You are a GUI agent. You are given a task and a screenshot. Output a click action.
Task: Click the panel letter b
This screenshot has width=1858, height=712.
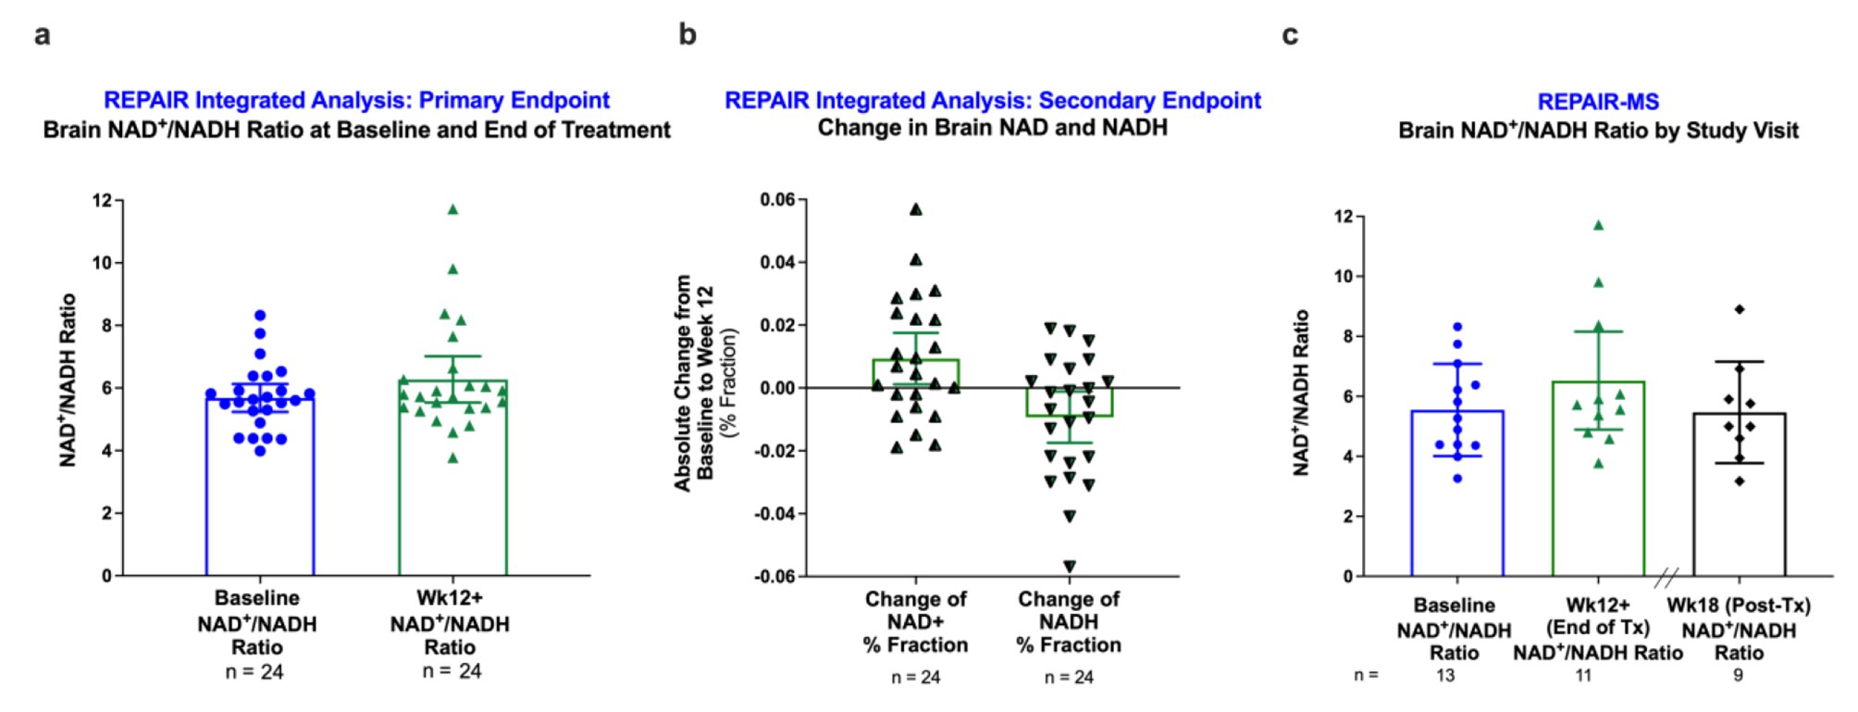(x=687, y=34)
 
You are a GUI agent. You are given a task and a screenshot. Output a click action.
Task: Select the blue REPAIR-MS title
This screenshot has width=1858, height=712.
(x=1598, y=102)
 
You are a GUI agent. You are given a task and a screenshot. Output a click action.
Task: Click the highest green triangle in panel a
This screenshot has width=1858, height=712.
(x=452, y=209)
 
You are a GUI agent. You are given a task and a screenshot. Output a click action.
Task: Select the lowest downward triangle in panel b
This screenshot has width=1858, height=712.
(x=1070, y=566)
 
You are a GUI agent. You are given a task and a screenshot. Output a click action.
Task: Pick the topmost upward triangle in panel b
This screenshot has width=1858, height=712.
(x=915, y=209)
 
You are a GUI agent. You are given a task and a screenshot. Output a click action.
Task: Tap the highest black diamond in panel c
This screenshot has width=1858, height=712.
(x=1740, y=309)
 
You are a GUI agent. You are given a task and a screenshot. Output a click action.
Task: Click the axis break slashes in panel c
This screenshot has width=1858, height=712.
(x=1666, y=579)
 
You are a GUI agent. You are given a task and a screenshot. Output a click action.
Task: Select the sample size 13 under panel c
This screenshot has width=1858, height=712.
(x=1445, y=676)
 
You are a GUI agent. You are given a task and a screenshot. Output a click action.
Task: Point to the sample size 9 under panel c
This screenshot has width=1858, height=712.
(x=1738, y=676)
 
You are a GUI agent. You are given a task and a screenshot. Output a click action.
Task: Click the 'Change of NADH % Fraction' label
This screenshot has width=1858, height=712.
(x=1069, y=621)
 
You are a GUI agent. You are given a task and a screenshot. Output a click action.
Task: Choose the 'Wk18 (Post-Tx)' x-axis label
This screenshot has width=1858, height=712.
(x=1739, y=606)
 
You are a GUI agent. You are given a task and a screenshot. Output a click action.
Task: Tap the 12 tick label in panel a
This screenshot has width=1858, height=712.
(x=102, y=201)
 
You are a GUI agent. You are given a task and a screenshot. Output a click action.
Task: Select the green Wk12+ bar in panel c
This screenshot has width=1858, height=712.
(x=1598, y=500)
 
